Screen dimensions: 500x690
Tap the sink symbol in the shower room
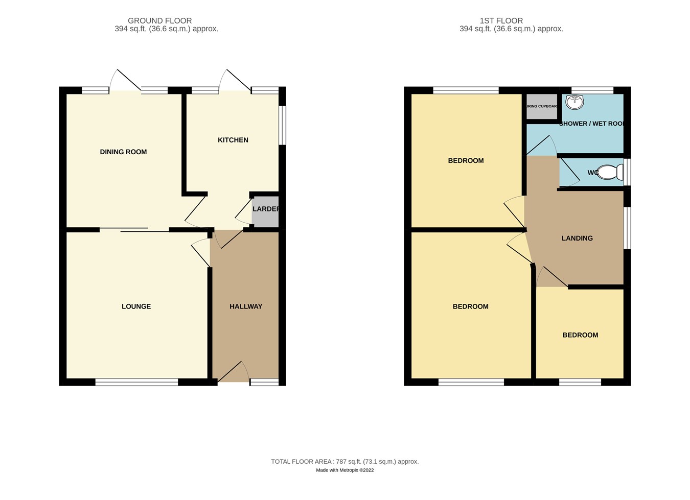575,102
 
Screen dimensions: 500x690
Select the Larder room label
266,209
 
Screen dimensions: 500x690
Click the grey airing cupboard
542,106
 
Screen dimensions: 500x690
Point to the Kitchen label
233,140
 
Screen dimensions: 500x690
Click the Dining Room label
123,152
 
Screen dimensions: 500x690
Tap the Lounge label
136,306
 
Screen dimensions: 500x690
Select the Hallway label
246,306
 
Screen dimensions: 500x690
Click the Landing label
577,238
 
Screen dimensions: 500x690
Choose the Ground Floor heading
159,21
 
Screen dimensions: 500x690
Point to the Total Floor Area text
344,461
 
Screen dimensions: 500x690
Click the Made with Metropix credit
344,470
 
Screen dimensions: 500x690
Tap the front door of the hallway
233,372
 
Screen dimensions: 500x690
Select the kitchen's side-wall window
282,125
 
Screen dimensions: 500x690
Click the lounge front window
136,382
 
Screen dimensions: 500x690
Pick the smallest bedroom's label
580,335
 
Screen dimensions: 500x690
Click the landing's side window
627,228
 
